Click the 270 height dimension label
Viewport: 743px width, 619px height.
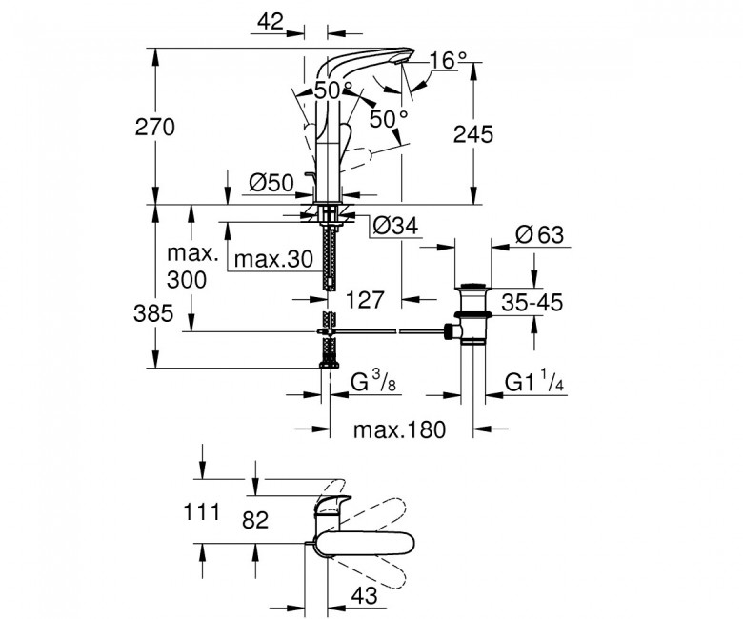pos(155,128)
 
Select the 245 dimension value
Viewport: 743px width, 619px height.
pos(472,134)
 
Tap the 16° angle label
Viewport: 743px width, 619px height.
pos(448,60)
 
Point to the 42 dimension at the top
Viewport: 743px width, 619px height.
pos(271,21)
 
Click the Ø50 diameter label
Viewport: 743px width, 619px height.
pos(271,182)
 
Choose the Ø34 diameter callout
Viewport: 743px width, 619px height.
pos(395,226)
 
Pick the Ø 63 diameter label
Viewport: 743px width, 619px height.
pos(540,234)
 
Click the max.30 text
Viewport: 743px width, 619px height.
pos(274,259)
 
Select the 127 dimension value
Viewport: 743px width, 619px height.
pos(365,299)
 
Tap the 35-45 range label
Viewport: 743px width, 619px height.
pos(532,302)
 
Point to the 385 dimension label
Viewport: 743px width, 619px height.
pos(153,313)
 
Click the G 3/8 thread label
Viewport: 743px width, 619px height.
pos(373,382)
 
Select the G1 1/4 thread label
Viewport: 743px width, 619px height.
pos(534,382)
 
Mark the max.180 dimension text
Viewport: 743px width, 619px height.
pos(399,429)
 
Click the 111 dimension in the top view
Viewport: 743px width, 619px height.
pos(202,512)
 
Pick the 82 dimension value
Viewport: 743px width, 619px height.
pos(255,520)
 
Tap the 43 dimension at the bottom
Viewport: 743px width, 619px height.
pos(365,595)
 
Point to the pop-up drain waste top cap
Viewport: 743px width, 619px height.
pos(473,286)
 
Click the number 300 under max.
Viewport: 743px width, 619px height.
pos(186,280)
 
